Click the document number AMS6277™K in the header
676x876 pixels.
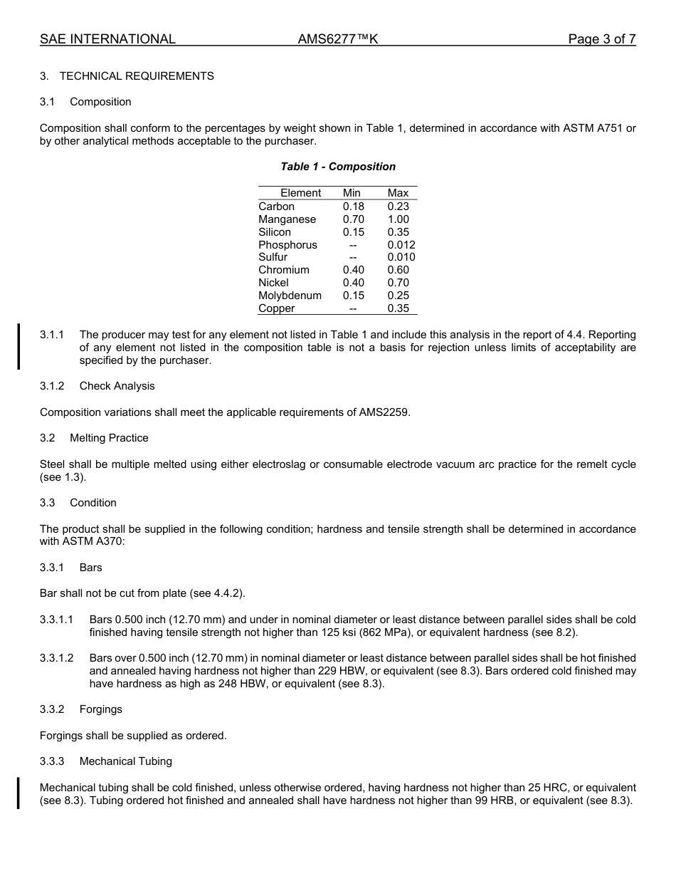click(x=338, y=39)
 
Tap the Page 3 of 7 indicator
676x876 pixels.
click(x=601, y=39)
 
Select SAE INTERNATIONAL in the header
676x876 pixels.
click(x=107, y=39)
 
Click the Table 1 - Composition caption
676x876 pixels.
click(x=338, y=167)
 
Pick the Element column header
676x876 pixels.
click(x=300, y=193)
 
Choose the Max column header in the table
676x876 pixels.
click(x=398, y=193)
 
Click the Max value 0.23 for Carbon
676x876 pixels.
click(x=398, y=207)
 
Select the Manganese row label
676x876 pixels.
click(x=287, y=219)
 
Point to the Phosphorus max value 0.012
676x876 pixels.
click(x=401, y=245)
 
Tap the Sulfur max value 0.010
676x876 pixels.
click(x=401, y=257)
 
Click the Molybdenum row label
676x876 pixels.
click(x=290, y=296)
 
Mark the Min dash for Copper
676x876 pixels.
click(x=353, y=308)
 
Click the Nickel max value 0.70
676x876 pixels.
click(x=398, y=283)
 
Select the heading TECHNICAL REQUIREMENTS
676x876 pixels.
click(x=137, y=76)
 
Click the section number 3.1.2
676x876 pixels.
click(x=52, y=386)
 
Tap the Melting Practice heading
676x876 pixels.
click(x=109, y=438)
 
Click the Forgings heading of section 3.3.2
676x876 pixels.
click(x=100, y=709)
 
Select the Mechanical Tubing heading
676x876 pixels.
click(x=125, y=761)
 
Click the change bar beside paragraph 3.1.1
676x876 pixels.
click(x=19, y=346)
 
